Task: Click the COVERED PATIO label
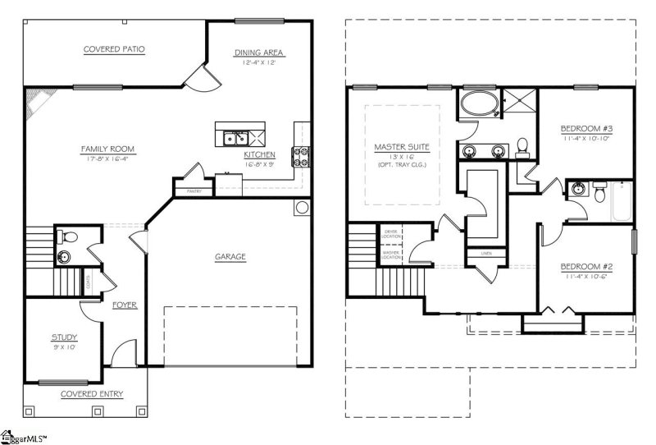[x=114, y=49]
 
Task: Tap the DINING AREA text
[x=259, y=53]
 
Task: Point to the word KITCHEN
[x=259, y=154]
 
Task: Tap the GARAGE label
[x=230, y=257]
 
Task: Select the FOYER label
[x=125, y=305]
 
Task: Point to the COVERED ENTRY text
[x=92, y=394]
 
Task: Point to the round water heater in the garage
[x=301, y=207]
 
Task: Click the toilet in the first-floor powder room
[x=71, y=239]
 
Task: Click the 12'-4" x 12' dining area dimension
[x=259, y=63]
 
